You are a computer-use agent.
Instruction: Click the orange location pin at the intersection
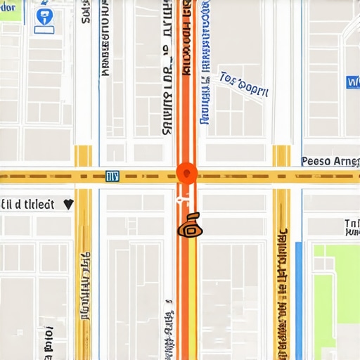(x=186, y=173)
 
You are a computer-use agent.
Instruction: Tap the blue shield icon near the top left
(x=44, y=16)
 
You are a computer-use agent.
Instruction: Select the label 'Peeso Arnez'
(x=330, y=161)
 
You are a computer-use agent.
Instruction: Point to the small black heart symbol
(x=68, y=204)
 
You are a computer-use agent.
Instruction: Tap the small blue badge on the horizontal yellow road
(x=112, y=176)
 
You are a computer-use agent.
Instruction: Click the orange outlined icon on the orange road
(x=190, y=226)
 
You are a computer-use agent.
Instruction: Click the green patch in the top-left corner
(x=11, y=9)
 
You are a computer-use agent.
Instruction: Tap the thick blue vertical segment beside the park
(x=299, y=295)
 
